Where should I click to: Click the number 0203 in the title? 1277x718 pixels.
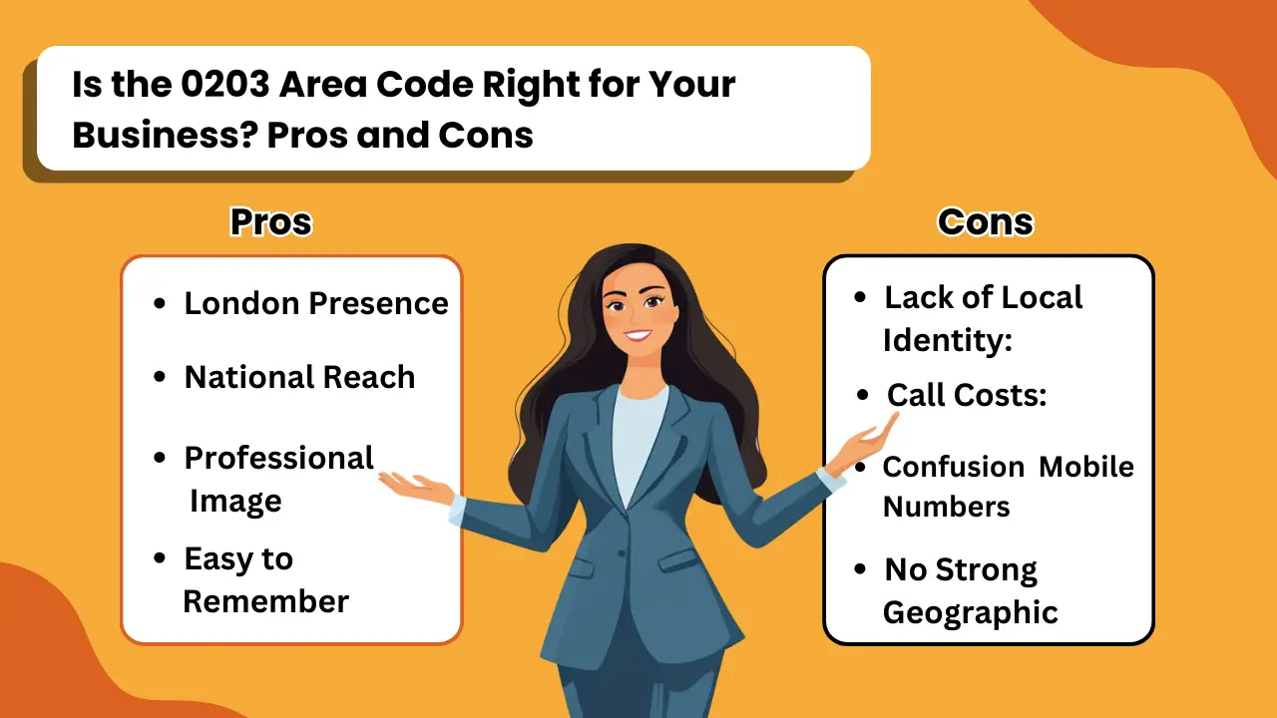(x=225, y=85)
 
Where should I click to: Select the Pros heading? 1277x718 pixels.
(x=271, y=221)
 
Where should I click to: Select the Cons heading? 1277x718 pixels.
(x=985, y=221)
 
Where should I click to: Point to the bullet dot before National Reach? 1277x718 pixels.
(x=160, y=377)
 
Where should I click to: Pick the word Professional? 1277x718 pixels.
(x=278, y=458)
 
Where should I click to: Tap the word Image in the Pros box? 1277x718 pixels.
(x=235, y=501)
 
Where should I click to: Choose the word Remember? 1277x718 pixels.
(x=265, y=601)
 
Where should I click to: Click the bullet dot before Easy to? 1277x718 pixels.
(x=160, y=557)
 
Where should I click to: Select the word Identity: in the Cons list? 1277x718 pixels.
(x=948, y=340)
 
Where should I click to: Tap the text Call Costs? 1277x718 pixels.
(x=967, y=394)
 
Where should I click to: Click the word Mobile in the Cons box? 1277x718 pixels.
(x=1086, y=467)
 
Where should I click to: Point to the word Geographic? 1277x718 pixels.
(x=971, y=612)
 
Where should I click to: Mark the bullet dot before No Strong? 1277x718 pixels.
(x=860, y=568)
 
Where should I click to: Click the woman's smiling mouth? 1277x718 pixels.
(x=638, y=335)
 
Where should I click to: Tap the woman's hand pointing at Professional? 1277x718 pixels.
(x=415, y=489)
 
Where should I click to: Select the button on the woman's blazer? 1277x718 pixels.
(x=622, y=553)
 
